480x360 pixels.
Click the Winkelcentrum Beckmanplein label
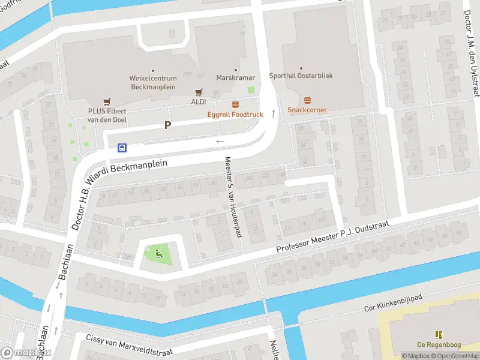click(x=152, y=82)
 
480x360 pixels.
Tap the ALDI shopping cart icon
click(x=199, y=92)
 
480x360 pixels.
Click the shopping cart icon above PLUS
click(x=107, y=101)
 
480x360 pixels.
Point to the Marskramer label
click(x=236, y=78)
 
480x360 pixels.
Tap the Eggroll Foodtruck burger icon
click(x=235, y=104)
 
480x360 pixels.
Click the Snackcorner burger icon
click(x=307, y=100)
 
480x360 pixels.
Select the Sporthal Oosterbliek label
click(x=301, y=76)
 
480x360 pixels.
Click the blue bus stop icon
click(x=122, y=147)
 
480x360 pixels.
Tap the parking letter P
click(x=168, y=125)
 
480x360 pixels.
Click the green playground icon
click(x=158, y=253)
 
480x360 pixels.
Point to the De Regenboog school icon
click(x=438, y=334)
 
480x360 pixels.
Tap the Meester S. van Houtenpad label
click(x=233, y=196)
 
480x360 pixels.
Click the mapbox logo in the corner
click(x=26, y=353)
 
